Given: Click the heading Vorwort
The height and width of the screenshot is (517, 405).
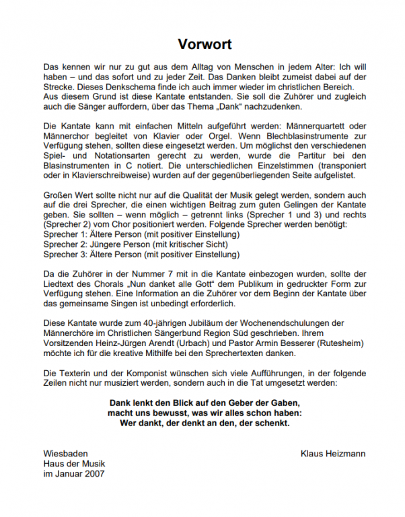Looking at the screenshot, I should (x=205, y=44).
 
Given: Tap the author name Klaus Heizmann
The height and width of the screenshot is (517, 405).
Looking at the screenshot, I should (x=332, y=454).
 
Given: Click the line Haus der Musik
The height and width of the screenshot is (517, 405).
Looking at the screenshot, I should (x=74, y=464).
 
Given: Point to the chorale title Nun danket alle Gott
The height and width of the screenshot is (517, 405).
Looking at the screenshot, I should (x=167, y=284).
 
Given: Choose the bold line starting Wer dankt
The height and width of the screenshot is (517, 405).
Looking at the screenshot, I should (x=205, y=423).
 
